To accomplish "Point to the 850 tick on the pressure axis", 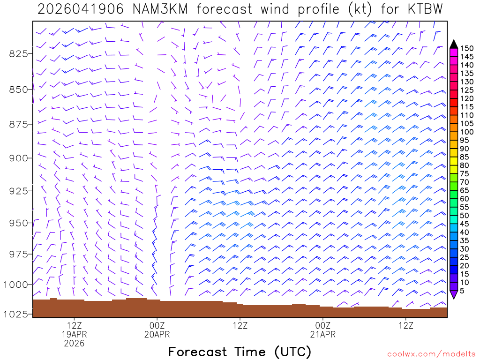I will point(19,89).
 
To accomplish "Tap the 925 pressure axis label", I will point(19,191).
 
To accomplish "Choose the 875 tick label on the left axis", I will point(19,124).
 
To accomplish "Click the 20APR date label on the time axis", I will point(157,334).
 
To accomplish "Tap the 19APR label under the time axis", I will point(75,334).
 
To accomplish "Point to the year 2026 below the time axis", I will point(75,343).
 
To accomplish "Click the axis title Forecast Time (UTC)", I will point(240,352).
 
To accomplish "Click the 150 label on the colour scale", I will point(466,48).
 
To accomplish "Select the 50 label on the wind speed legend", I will point(464,216).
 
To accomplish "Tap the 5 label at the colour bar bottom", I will point(462,291).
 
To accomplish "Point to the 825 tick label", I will point(19,53).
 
